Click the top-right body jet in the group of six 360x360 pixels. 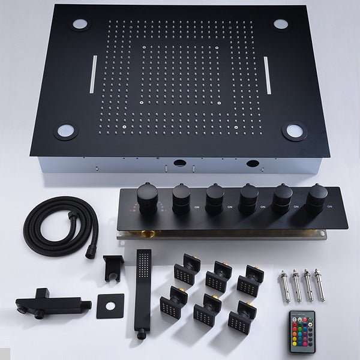[247, 280]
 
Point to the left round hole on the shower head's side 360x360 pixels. [178, 163]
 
